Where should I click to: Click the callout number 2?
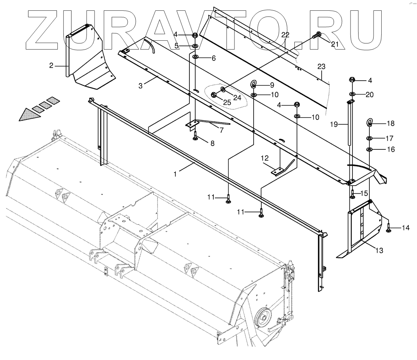coord(51,65)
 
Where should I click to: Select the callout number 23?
coord(322,67)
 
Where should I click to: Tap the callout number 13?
coord(379,251)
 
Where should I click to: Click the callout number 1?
coord(175,174)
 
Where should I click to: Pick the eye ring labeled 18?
coord(369,123)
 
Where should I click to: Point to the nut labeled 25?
coord(214,95)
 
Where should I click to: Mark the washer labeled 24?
coord(223,90)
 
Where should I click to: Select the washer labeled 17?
coord(369,138)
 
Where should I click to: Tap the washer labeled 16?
coord(369,149)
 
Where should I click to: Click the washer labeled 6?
coord(195,57)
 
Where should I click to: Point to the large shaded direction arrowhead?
coord(29,114)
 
